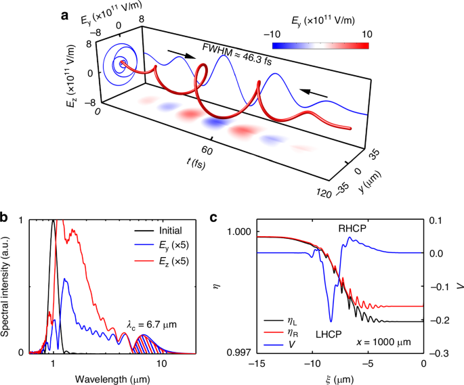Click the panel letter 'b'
tap(5, 219)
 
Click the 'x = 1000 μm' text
tap(387, 342)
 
